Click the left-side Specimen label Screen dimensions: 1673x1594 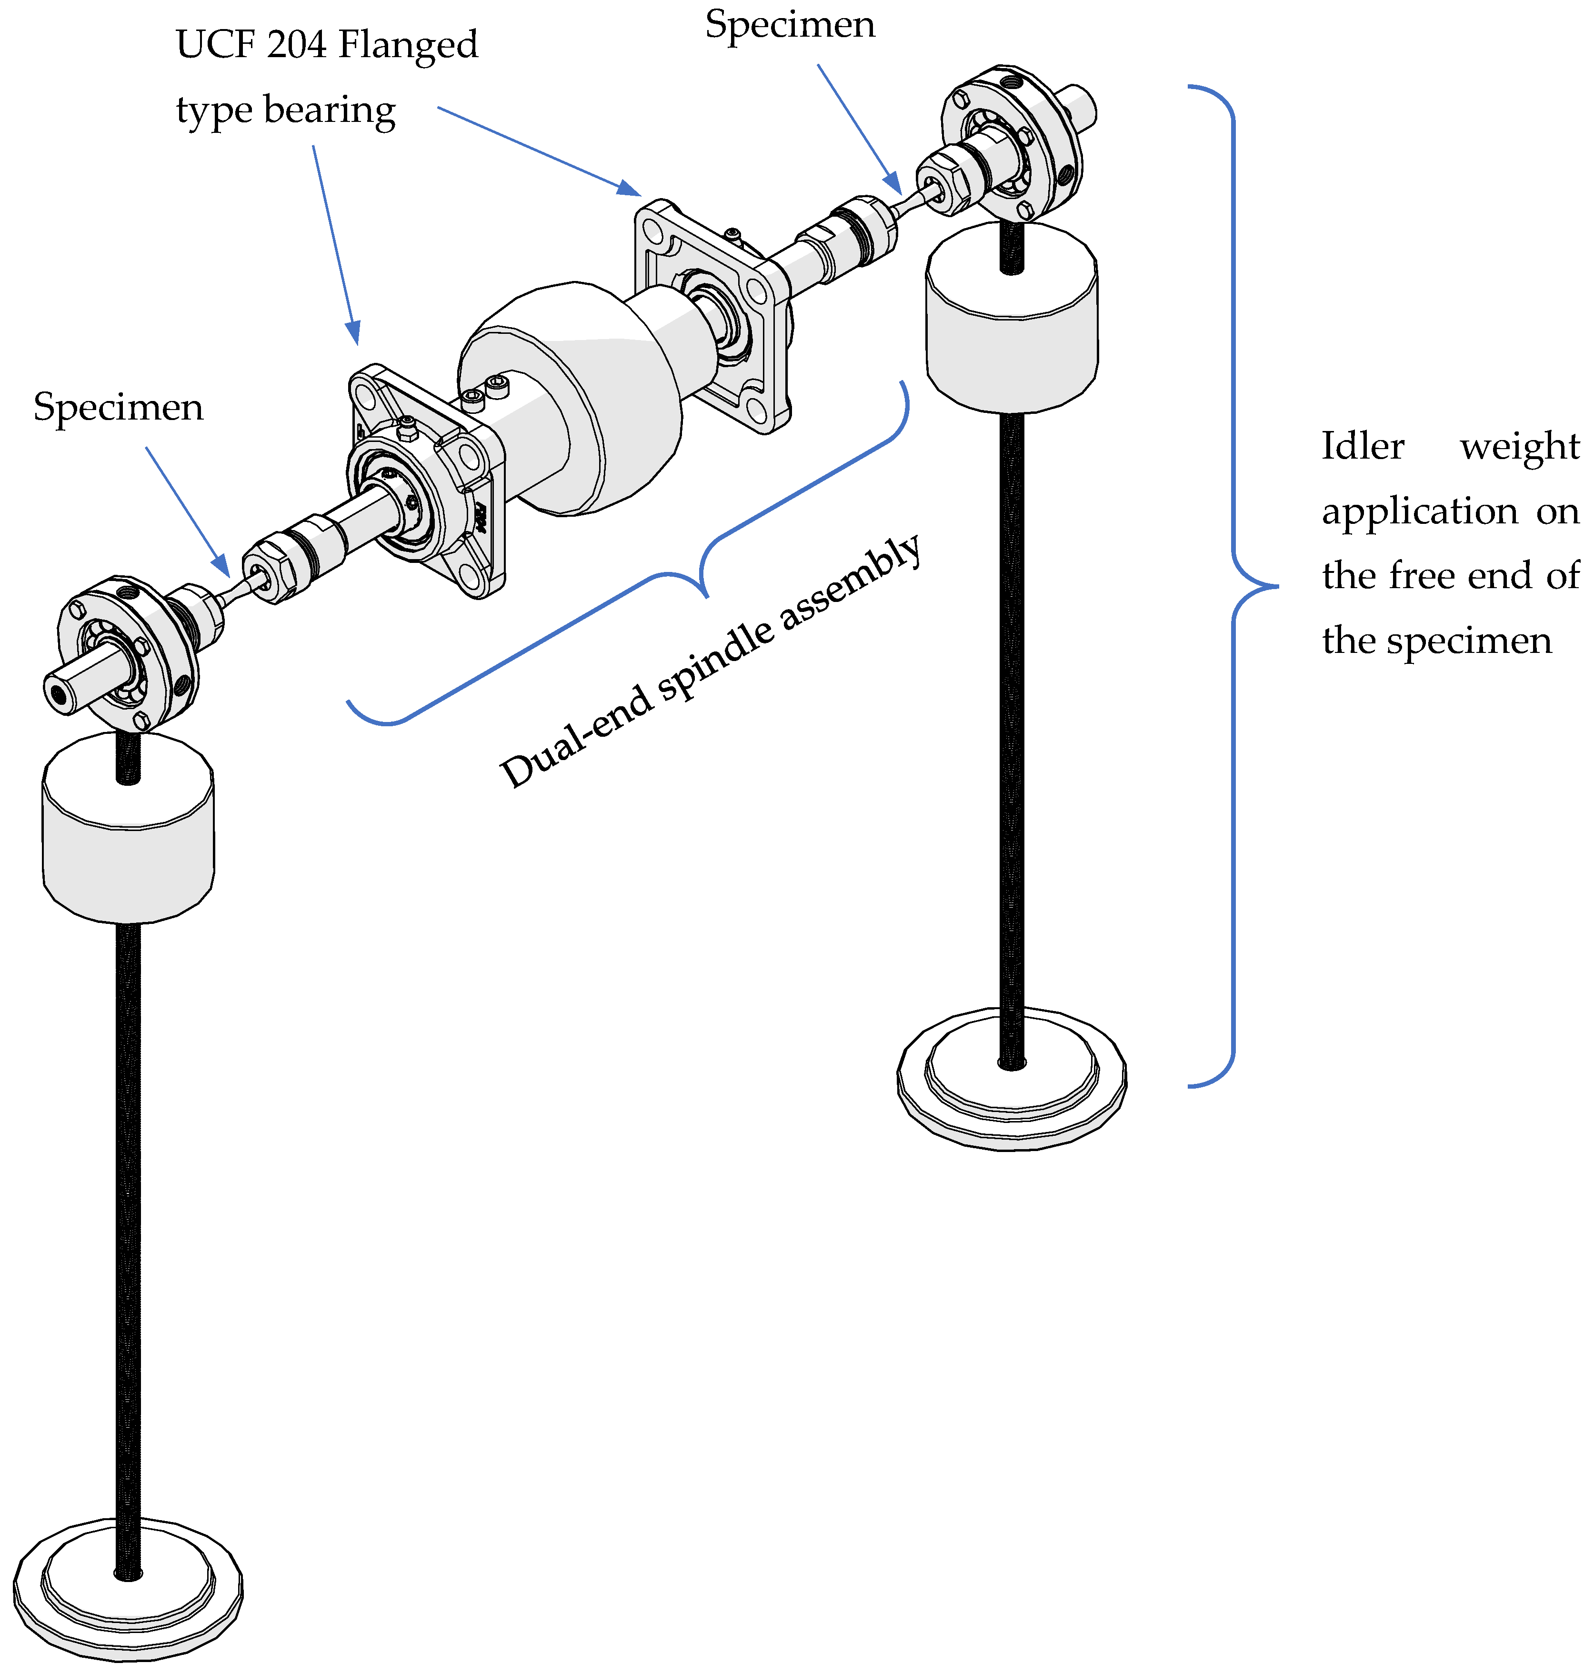pyautogui.click(x=118, y=408)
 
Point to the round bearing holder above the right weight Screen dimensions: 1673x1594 pyautogui.click(x=1011, y=140)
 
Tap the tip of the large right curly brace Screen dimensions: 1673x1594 pyautogui.click(x=1274, y=585)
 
